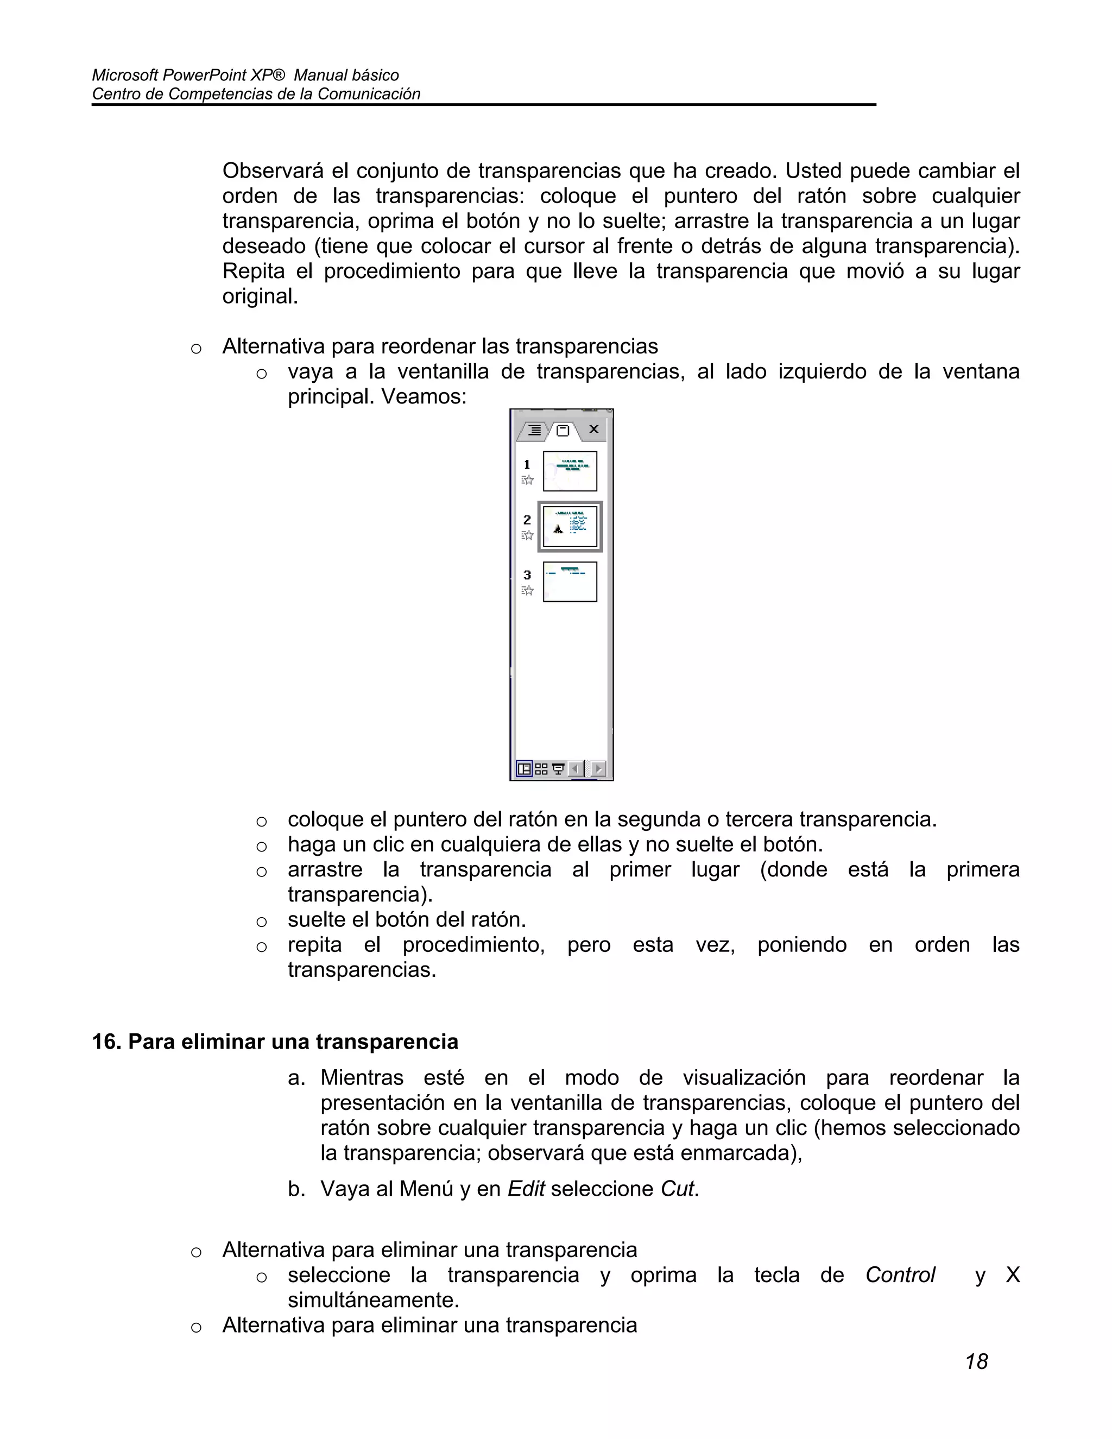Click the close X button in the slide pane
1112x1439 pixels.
pyautogui.click(x=593, y=430)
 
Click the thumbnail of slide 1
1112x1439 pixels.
pyautogui.click(x=570, y=471)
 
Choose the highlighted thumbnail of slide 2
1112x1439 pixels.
pyautogui.click(x=570, y=526)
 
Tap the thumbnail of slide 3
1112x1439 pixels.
pyautogui.click(x=570, y=582)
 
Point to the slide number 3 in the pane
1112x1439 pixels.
pyautogui.click(x=527, y=575)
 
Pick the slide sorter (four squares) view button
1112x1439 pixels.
pyautogui.click(x=541, y=769)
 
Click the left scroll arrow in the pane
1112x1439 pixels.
pyautogui.click(x=575, y=769)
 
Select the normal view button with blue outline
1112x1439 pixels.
pyautogui.click(x=525, y=769)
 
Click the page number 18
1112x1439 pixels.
pyautogui.click(x=976, y=1362)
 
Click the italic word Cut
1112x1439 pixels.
pyautogui.click(x=677, y=1189)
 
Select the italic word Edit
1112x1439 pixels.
pyautogui.click(x=526, y=1189)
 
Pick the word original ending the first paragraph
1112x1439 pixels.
pyautogui.click(x=259, y=296)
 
